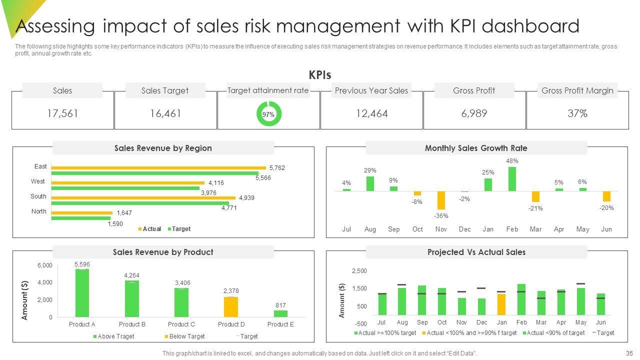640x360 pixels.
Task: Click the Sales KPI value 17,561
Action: click(x=62, y=113)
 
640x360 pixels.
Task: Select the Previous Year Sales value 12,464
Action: click(x=371, y=113)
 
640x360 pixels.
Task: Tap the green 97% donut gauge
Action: click(x=268, y=114)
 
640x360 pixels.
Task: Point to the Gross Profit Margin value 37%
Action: click(x=577, y=113)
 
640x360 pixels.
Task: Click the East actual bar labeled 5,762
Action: click(x=158, y=168)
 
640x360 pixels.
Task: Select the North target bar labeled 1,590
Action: click(x=81, y=218)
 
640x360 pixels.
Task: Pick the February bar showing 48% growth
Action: click(x=512, y=179)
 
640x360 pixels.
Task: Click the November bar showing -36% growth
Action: click(x=441, y=200)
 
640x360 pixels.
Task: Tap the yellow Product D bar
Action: click(x=230, y=307)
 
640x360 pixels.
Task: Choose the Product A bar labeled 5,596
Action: click(x=82, y=293)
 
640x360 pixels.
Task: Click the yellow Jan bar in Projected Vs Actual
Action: click(x=501, y=304)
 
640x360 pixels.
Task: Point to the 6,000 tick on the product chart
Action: click(x=44, y=265)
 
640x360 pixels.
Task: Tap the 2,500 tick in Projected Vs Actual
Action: click(x=359, y=271)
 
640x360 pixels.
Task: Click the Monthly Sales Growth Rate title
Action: click(x=476, y=148)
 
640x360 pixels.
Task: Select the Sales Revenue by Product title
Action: click(x=163, y=252)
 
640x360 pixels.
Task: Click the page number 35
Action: click(x=629, y=353)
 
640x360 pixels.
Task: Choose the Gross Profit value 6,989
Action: click(x=474, y=113)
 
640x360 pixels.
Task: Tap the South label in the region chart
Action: click(x=38, y=196)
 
